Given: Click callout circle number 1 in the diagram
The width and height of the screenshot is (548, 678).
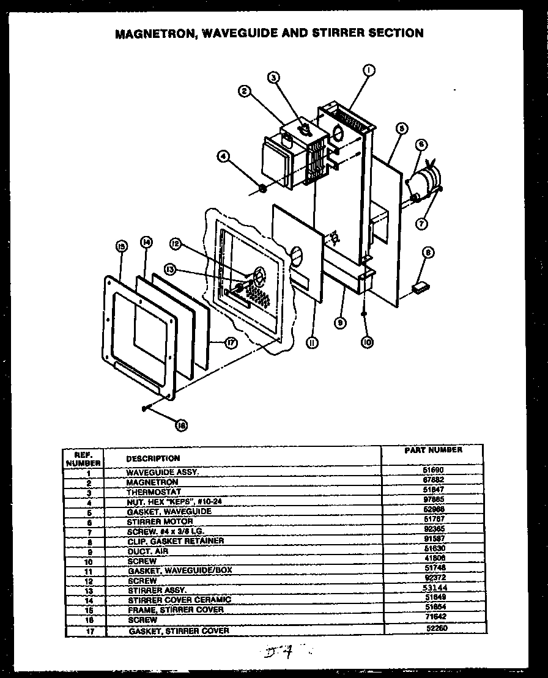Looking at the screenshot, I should click(369, 71).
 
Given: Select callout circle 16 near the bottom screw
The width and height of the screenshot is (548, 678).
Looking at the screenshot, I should click(182, 426).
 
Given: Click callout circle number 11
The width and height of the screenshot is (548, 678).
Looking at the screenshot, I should click(313, 343).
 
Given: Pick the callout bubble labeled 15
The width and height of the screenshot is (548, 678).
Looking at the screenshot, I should click(120, 246).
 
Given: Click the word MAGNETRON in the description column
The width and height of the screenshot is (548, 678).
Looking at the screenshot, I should click(152, 482).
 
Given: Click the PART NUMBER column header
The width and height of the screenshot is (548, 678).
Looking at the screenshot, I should click(433, 450).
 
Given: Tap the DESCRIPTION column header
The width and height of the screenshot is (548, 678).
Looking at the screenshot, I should click(153, 458).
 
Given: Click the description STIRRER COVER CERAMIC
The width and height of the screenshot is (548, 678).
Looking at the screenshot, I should click(179, 600).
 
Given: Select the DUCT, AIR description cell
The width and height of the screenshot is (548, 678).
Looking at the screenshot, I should click(147, 551).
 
